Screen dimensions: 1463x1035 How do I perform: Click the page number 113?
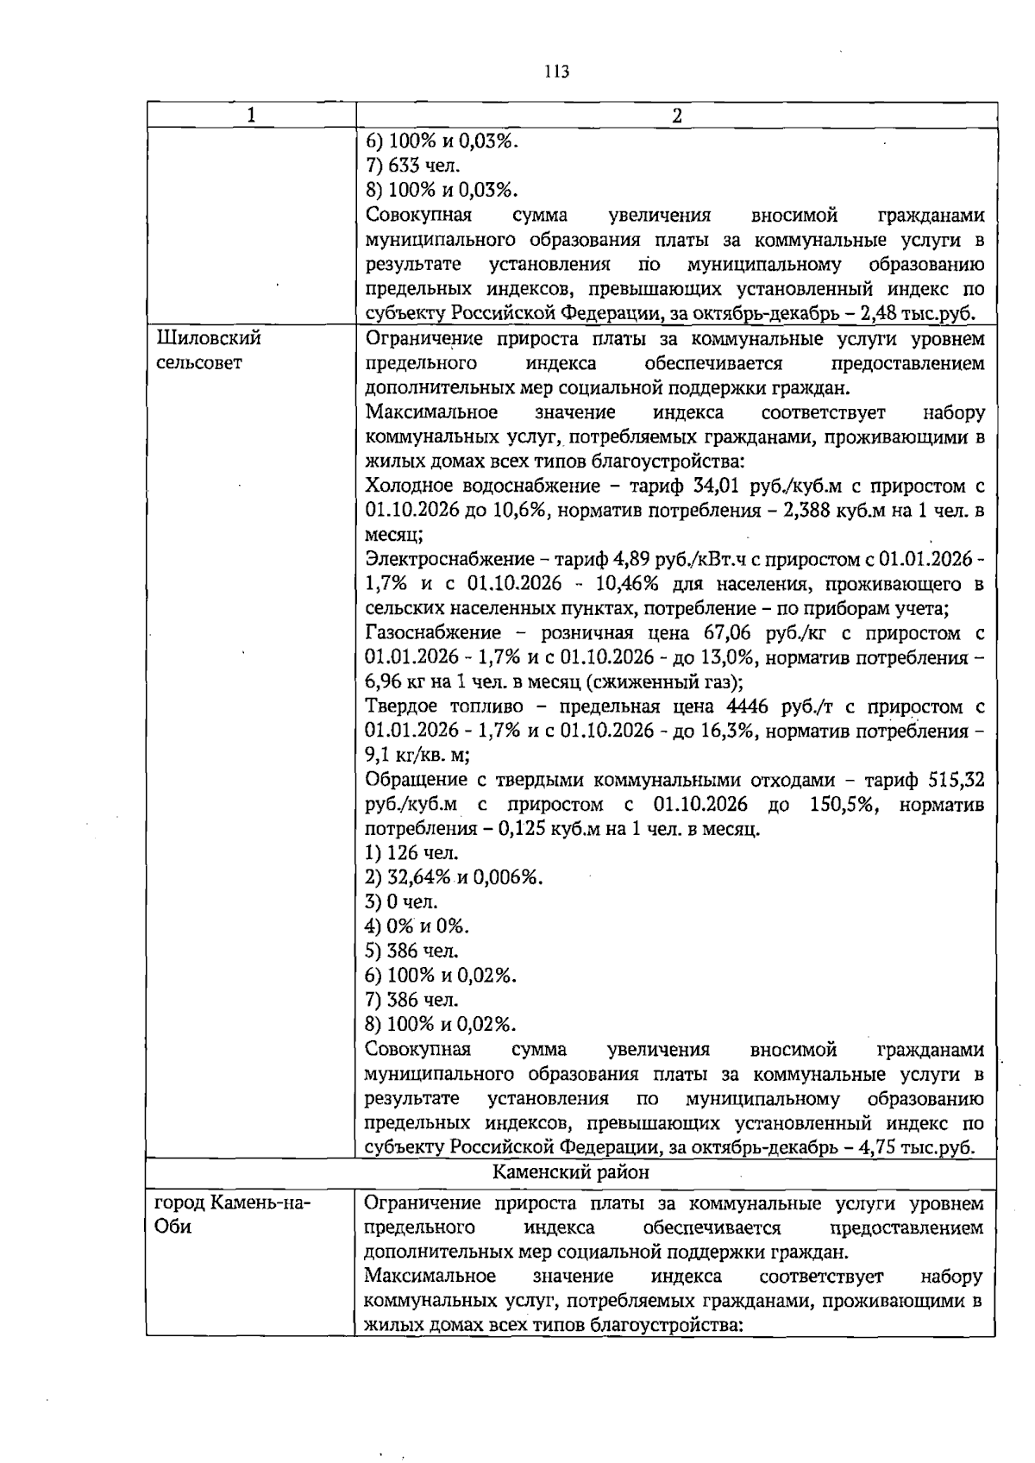[x=557, y=72]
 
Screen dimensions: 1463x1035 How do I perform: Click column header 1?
[x=251, y=116]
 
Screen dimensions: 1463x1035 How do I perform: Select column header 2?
[x=677, y=116]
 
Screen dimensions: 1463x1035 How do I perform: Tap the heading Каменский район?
[x=571, y=1172]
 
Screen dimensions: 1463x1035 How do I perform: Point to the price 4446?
[x=746, y=706]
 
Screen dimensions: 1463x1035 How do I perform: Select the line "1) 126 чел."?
[x=412, y=853]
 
